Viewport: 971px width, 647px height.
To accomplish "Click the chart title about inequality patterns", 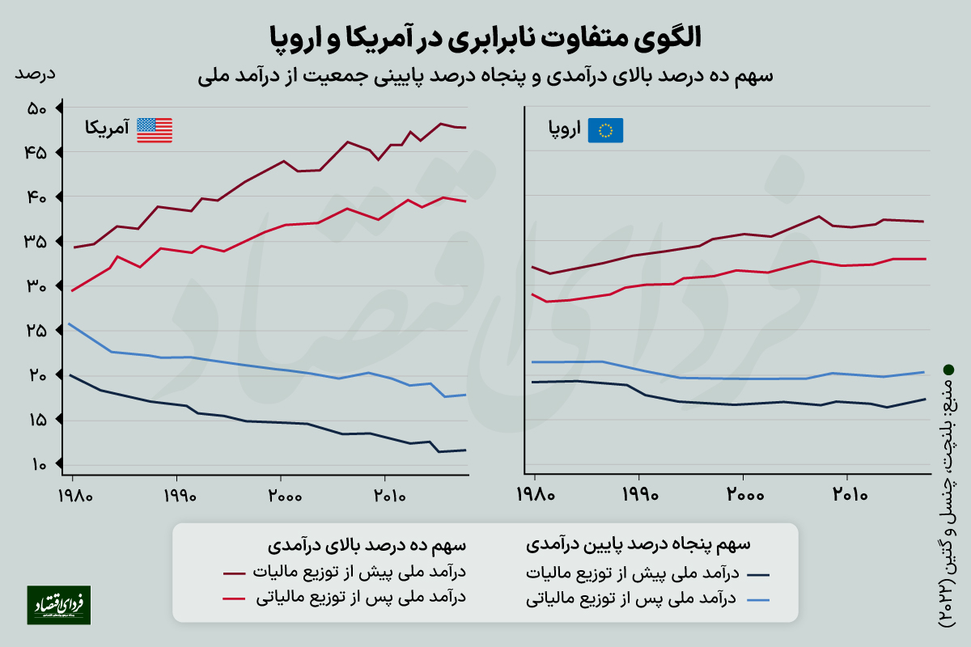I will pyautogui.click(x=485, y=36).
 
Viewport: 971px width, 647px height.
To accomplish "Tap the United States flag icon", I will pyautogui.click(x=155, y=130).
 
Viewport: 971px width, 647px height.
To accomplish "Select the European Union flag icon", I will pyautogui.click(x=606, y=130).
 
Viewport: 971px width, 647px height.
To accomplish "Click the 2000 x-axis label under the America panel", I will pyautogui.click(x=281, y=494).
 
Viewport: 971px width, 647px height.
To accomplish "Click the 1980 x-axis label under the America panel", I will pyautogui.click(x=73, y=494).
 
